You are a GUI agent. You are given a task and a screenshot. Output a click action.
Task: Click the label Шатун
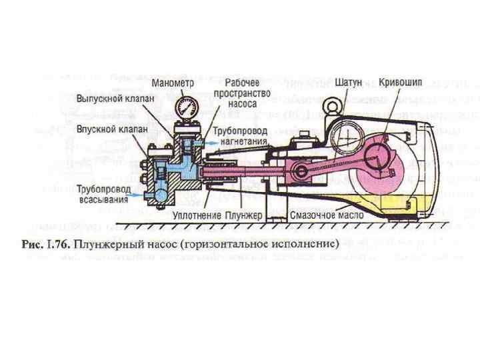349,83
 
